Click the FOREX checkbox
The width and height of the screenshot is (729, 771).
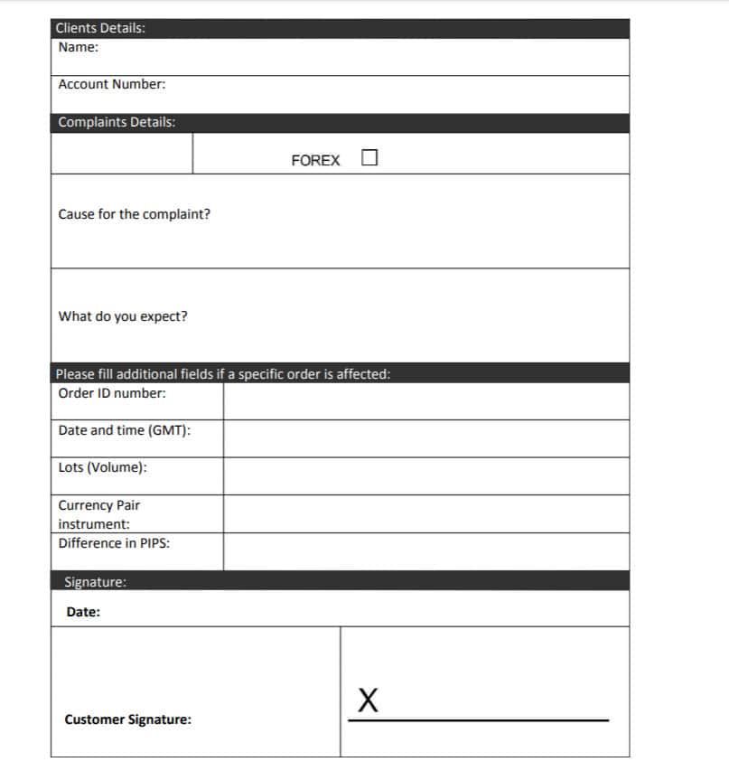[369, 158]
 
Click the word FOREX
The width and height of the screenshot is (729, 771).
[315, 161]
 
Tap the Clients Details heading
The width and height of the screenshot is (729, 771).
[100, 28]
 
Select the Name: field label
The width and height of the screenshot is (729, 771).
[79, 47]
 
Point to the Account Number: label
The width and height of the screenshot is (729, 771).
[112, 84]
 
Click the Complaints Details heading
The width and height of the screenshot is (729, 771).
[117, 122]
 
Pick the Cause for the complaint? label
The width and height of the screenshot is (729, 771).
[135, 214]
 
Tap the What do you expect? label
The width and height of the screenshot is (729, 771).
[123, 316]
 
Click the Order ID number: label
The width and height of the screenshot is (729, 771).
[112, 393]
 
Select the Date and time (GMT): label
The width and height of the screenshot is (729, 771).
[125, 430]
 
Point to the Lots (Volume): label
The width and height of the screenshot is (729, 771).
[103, 468]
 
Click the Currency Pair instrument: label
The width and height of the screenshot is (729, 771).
[98, 514]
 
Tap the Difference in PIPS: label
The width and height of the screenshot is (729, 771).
[114, 543]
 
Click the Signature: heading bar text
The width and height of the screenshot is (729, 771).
[95, 582]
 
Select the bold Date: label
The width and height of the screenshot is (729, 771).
[83, 612]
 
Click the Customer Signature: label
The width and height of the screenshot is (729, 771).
[127, 720]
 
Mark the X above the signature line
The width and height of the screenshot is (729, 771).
[367, 699]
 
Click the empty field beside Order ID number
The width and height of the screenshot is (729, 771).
[425, 401]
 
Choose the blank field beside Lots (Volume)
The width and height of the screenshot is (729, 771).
[425, 475]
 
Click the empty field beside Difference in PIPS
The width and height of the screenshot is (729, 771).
[425, 551]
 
